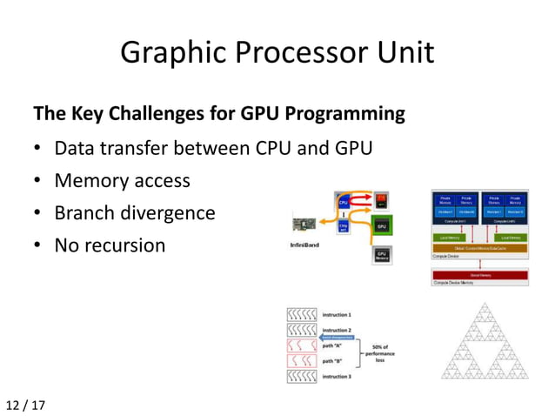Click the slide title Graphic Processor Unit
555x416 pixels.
pyautogui.click(x=277, y=53)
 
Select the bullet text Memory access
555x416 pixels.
pyautogui.click(x=122, y=181)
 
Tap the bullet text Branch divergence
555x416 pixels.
pyautogui.click(x=134, y=213)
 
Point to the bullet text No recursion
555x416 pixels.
pyautogui.click(x=110, y=245)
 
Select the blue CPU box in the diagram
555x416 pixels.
pyautogui.click(x=344, y=203)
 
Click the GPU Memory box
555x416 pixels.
pyautogui.click(x=381, y=256)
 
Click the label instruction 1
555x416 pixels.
pyautogui.click(x=337, y=313)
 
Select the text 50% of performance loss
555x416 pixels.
pyautogui.click(x=378, y=353)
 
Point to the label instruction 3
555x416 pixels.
pyautogui.click(x=337, y=377)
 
